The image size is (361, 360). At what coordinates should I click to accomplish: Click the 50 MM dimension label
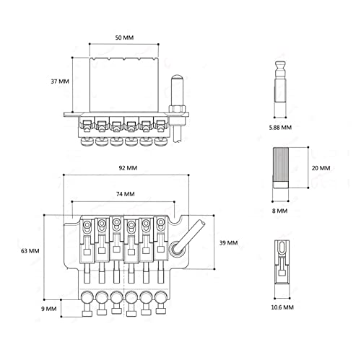[x=124, y=38]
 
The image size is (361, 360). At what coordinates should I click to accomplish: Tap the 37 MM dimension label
[x=60, y=82]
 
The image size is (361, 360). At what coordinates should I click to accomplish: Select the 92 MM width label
[x=128, y=168]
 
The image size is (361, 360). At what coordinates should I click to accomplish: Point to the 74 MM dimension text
[x=126, y=194]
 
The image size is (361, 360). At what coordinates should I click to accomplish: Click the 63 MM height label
[x=30, y=251]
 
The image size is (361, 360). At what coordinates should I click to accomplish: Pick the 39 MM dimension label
[x=228, y=243]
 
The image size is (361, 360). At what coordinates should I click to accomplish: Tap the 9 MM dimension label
[x=48, y=309]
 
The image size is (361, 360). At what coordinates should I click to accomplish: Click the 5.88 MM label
[x=280, y=128]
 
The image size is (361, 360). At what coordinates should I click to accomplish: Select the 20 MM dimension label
[x=321, y=168]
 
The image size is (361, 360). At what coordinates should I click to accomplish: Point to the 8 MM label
[x=279, y=211]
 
